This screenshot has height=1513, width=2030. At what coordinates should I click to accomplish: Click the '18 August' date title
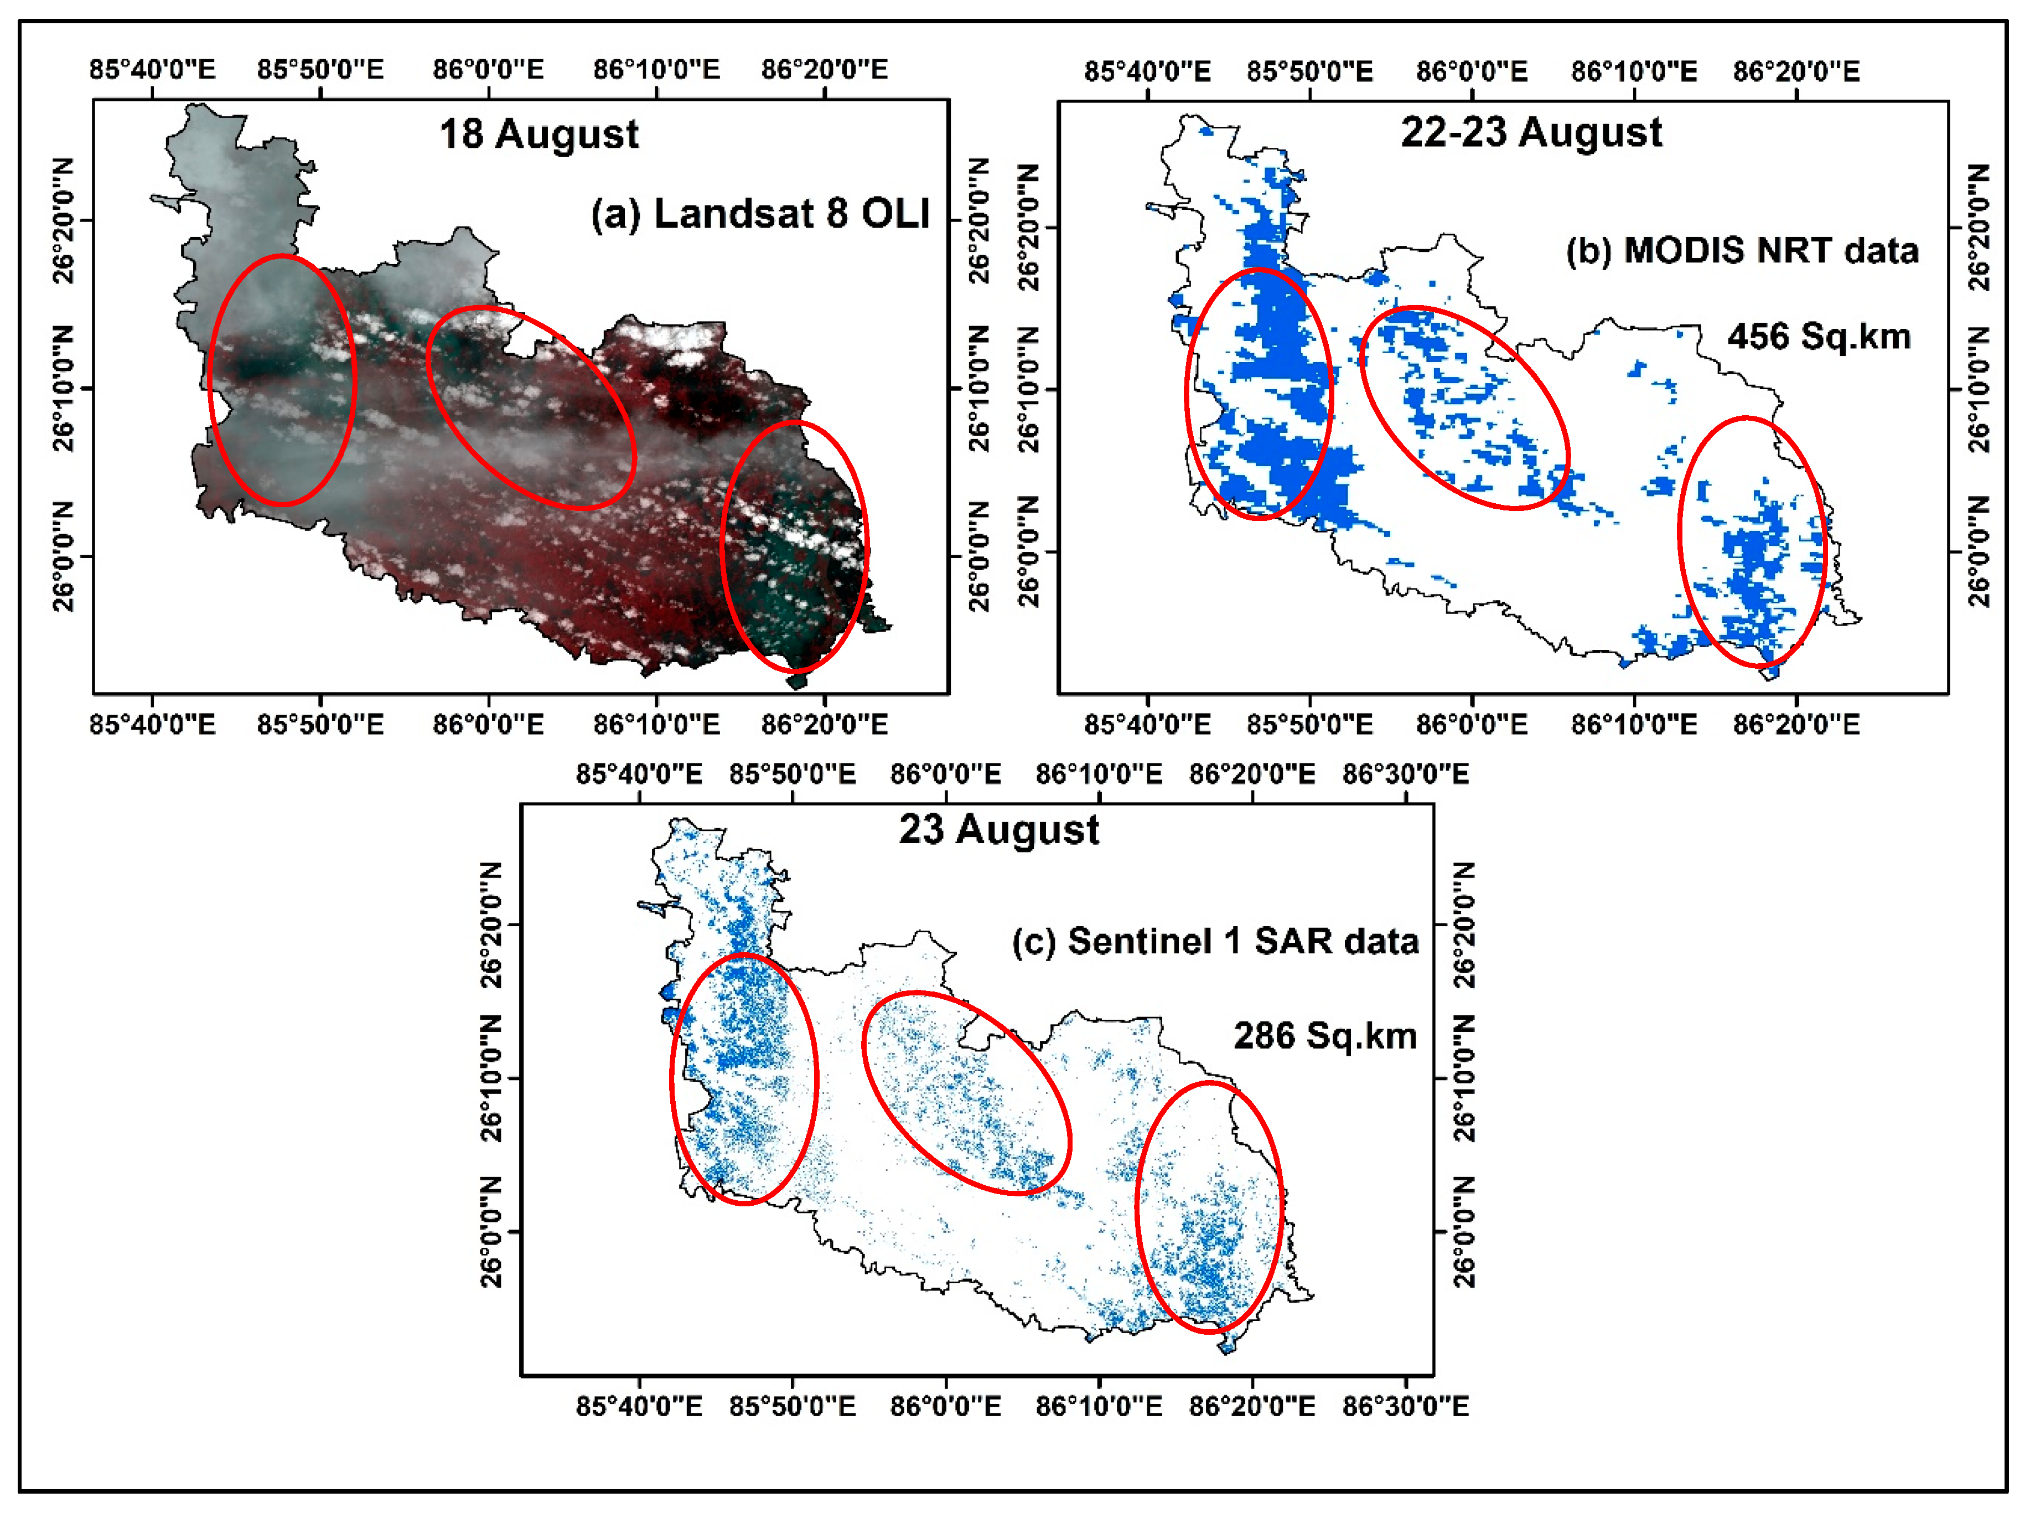(x=538, y=135)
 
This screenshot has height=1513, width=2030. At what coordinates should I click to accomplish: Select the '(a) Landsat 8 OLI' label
(x=760, y=213)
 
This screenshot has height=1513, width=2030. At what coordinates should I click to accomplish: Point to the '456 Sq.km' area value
(x=1819, y=336)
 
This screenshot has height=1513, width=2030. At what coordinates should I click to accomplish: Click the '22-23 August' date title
(x=1531, y=133)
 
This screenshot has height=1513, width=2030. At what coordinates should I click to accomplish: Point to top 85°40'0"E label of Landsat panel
(x=152, y=70)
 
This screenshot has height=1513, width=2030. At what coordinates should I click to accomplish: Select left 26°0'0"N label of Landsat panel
(x=63, y=555)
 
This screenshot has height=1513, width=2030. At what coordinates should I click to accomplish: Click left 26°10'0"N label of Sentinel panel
(x=491, y=1077)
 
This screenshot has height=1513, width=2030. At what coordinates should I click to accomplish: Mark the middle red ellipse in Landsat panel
(x=531, y=407)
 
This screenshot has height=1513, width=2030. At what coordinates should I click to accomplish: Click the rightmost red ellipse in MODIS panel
(x=1752, y=541)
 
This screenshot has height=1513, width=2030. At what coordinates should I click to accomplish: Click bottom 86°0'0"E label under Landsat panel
(x=488, y=725)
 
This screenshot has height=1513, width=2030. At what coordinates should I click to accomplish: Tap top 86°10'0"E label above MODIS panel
(x=1634, y=71)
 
